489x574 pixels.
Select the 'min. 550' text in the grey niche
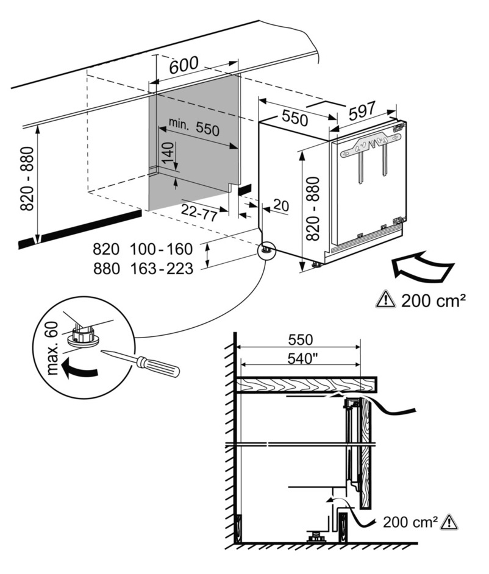[193, 127]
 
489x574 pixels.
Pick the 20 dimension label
[280, 205]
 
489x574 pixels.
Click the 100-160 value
[161, 249]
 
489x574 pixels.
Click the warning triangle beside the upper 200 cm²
[386, 299]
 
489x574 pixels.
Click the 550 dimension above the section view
[301, 339]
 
